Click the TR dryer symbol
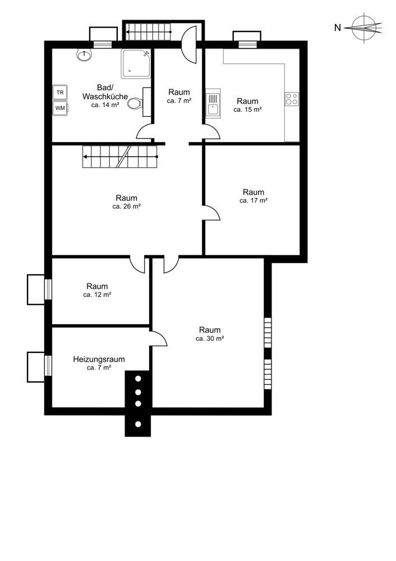point(60,93)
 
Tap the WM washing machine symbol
point(60,108)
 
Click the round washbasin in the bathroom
point(85,54)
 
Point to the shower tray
point(136,64)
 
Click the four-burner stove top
point(292,99)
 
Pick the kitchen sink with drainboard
point(213,103)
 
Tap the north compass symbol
point(366,27)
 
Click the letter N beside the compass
point(337,27)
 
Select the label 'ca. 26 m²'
point(126,206)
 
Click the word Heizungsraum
point(99,359)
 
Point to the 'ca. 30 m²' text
point(210,338)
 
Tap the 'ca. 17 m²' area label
point(254,201)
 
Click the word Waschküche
point(105,96)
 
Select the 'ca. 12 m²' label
point(97,295)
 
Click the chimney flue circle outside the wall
point(138,425)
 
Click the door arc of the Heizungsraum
point(159,338)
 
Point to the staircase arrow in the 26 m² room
point(120,157)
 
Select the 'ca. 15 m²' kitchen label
point(247,110)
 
